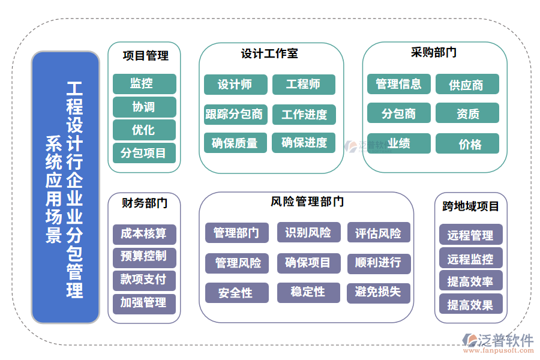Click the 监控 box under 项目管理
coord(144,84)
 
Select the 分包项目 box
coord(144,153)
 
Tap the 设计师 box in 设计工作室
coord(235,85)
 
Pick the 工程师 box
coord(304,85)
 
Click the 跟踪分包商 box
coord(235,114)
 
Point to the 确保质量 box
coord(235,143)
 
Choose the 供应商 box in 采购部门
coord(467,85)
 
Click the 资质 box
coord(467,113)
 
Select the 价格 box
coord(467,144)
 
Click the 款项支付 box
coord(144,280)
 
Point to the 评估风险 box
coord(379,233)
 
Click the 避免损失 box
coord(379,293)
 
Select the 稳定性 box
coord(308,292)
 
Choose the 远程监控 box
coord(470,259)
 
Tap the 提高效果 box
coord(470,305)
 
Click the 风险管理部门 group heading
coord(307,202)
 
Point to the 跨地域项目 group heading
coord(471,206)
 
